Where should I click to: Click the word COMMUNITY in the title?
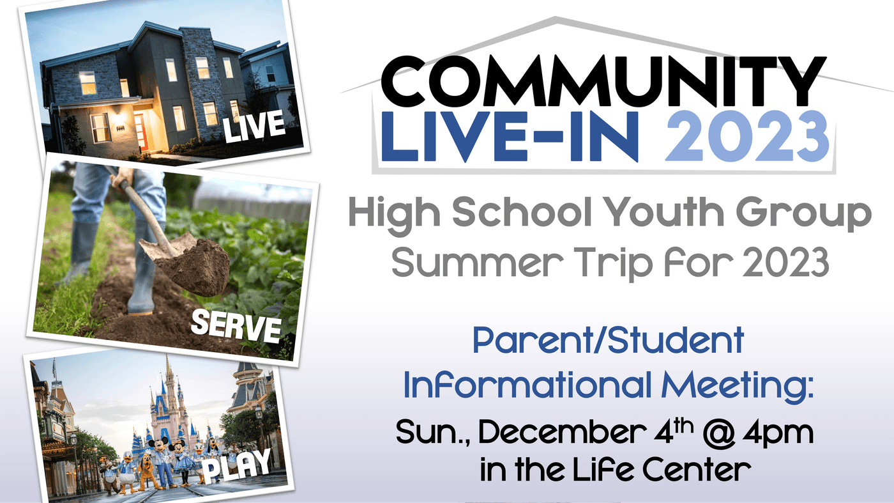603,82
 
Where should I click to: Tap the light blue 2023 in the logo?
747,137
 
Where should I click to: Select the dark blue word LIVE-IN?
510,137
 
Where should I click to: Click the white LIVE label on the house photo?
254,126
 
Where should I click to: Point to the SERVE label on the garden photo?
236,326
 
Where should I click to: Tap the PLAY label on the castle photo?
237,465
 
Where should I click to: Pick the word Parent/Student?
608,341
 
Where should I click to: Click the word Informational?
528,384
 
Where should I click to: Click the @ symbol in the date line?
719,433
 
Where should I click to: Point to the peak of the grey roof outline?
555,18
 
